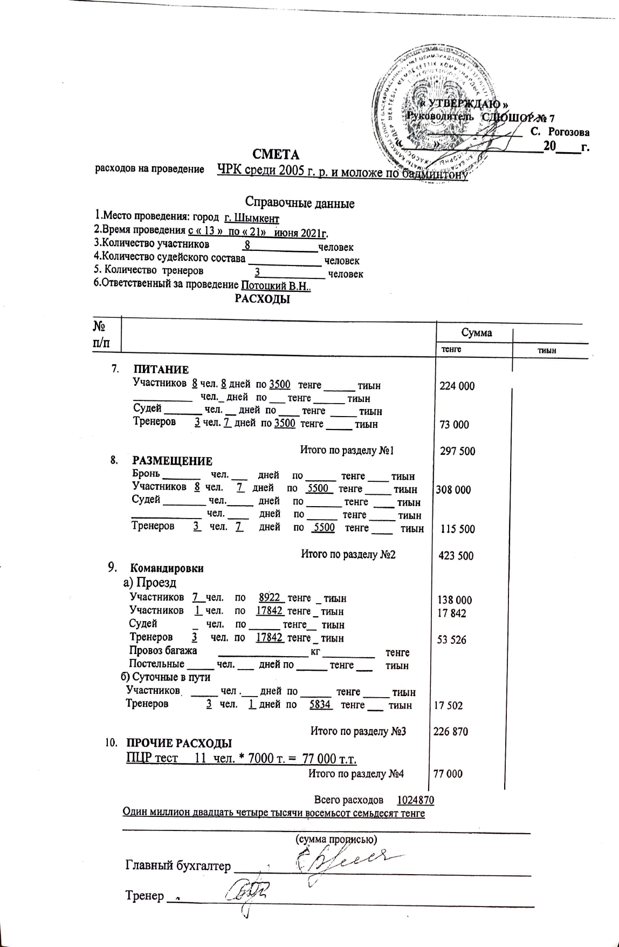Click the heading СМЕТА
276,155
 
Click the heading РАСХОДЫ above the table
263,299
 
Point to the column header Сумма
476,333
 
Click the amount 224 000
457,386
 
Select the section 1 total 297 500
458,451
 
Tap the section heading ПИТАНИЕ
161,370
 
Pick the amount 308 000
453,490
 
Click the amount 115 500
458,529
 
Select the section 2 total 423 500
456,556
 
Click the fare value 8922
270,598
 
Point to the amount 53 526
452,640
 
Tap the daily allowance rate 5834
320,705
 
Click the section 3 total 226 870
451,732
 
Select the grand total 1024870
416,800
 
